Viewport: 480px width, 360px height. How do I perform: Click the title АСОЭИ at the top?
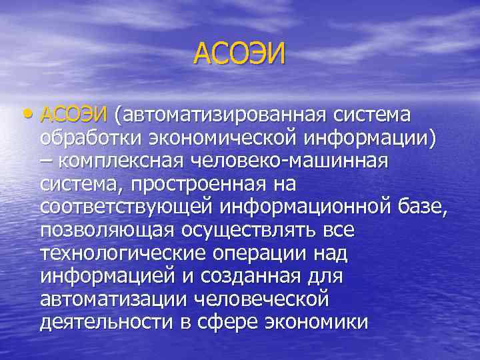coord(239,53)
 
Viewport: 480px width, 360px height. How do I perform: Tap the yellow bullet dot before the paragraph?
coord(31,115)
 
